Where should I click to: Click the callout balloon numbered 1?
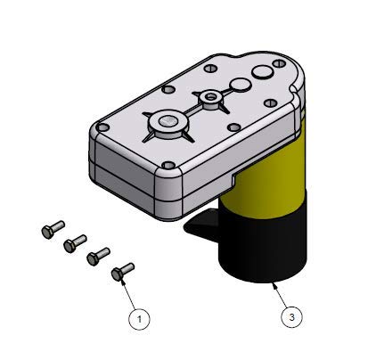[138, 316]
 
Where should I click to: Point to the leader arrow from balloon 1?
[129, 293]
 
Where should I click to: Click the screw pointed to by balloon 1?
[122, 269]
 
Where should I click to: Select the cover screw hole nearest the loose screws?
[169, 163]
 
